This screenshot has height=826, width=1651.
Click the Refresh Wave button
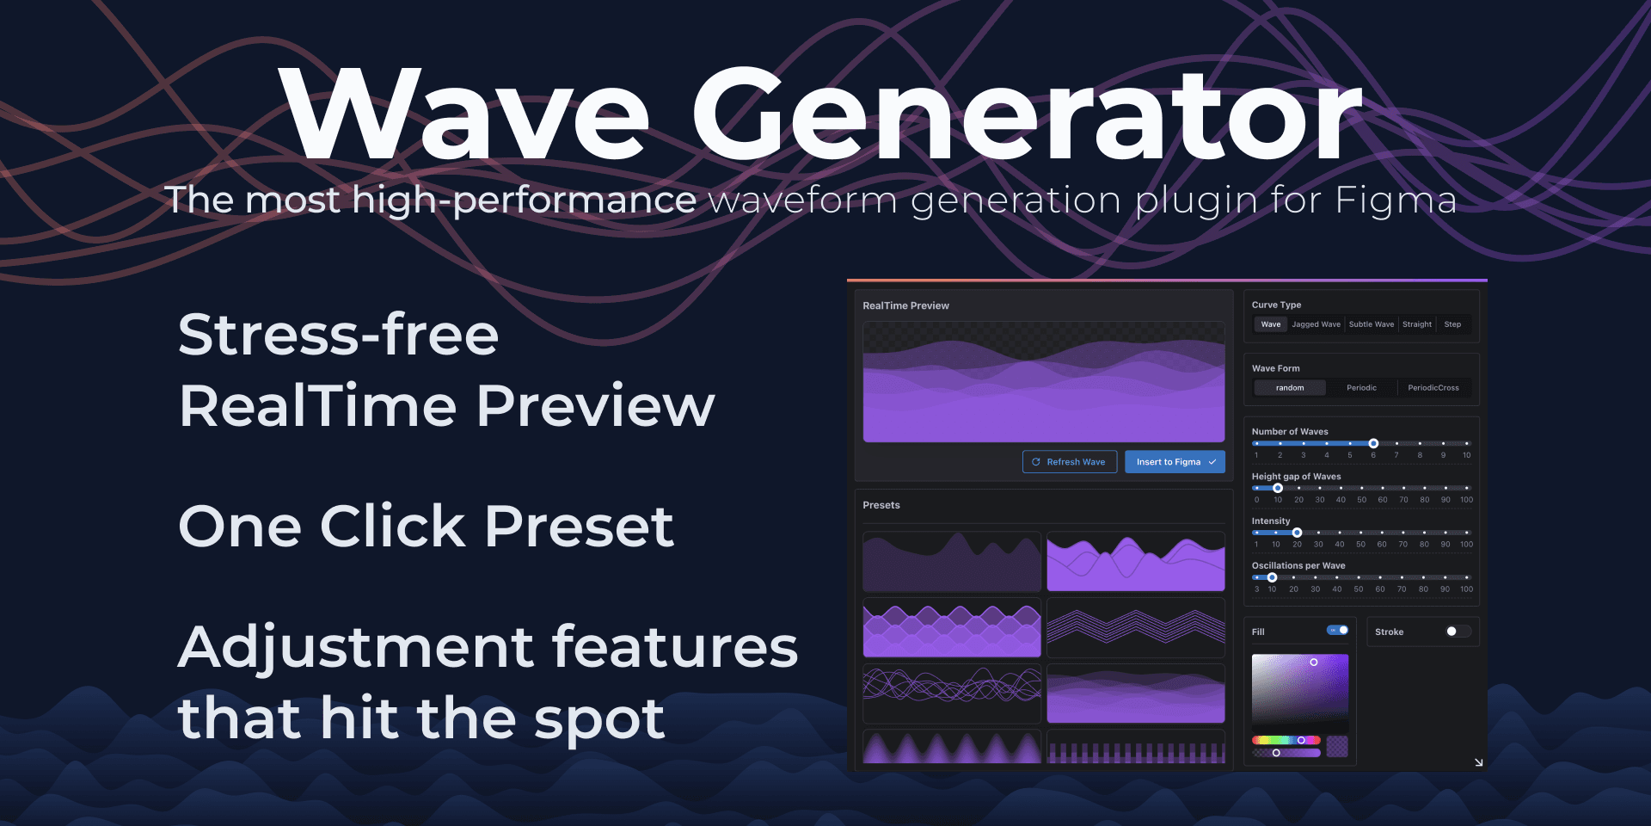(1070, 462)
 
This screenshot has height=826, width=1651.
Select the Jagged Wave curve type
(1316, 324)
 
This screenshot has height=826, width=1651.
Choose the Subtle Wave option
(1372, 324)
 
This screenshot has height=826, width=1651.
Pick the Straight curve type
(1417, 324)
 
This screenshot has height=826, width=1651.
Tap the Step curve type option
(1452, 324)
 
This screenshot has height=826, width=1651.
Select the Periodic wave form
(1361, 388)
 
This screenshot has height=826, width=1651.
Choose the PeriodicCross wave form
(1433, 388)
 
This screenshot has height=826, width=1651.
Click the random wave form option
(1290, 388)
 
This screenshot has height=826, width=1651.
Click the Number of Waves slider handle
(1373, 443)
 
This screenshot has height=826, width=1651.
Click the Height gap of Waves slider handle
(1278, 488)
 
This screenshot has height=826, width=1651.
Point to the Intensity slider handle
(1298, 533)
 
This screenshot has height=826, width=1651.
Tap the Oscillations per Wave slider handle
(1272, 577)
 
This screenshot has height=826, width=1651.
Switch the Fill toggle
(1338, 631)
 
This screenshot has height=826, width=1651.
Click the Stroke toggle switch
(1458, 632)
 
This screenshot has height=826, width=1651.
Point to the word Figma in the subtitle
(1396, 200)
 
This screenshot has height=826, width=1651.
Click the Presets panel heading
(881, 505)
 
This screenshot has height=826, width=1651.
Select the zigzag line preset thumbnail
(1136, 628)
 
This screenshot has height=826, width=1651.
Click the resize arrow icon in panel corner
(1479, 762)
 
